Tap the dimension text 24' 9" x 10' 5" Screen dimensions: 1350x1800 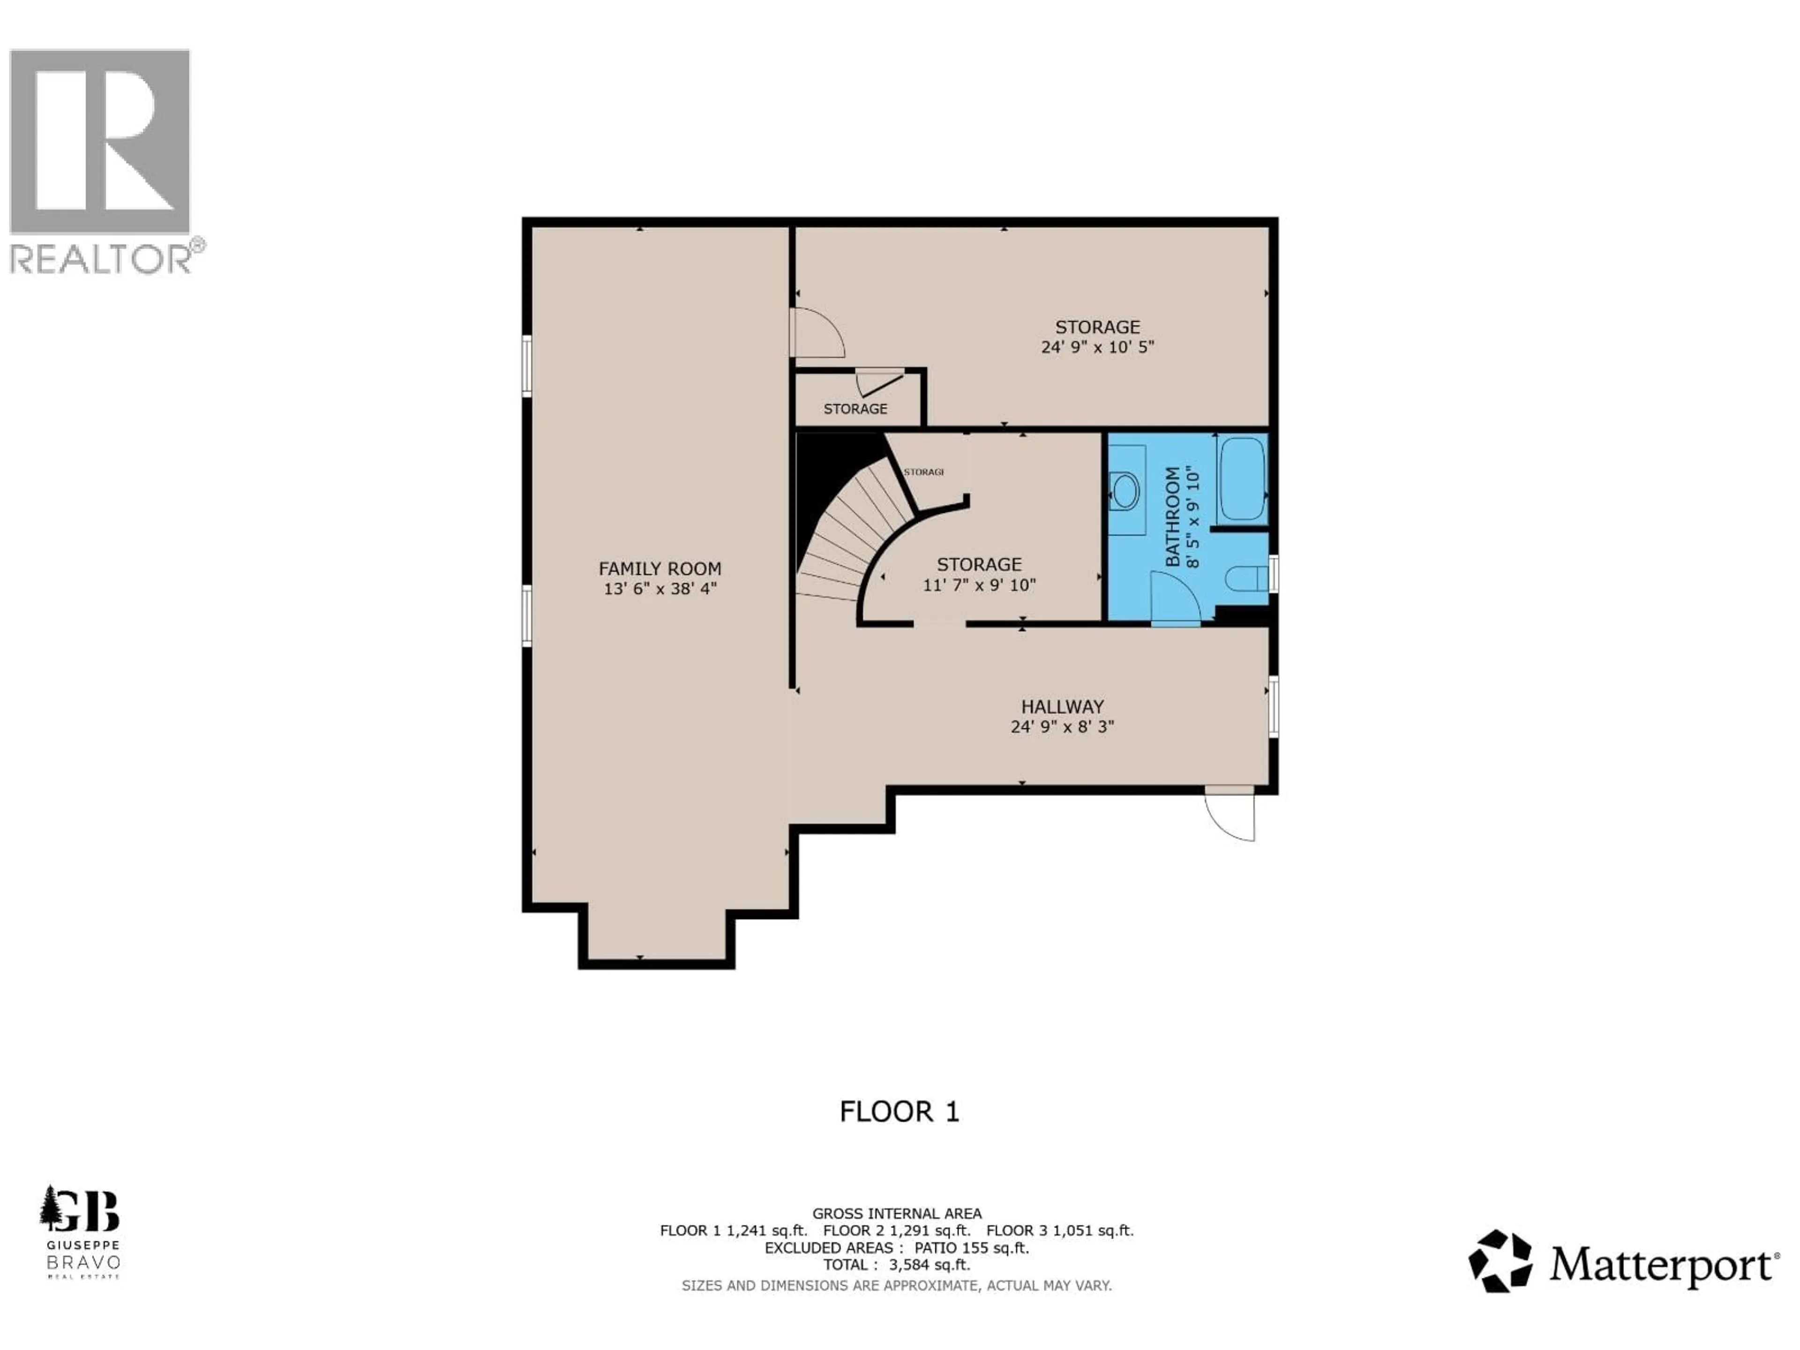pyautogui.click(x=1097, y=347)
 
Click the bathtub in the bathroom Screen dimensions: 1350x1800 pyautogui.click(x=1242, y=479)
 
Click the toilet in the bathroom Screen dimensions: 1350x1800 pyautogui.click(x=1245, y=578)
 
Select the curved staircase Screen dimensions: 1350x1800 pyautogui.click(x=846, y=537)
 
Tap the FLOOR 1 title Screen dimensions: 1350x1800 pyautogui.click(x=899, y=1111)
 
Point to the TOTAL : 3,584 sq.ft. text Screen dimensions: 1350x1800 pyautogui.click(x=896, y=1265)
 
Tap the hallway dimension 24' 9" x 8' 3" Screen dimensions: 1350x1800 pyautogui.click(x=1062, y=727)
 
